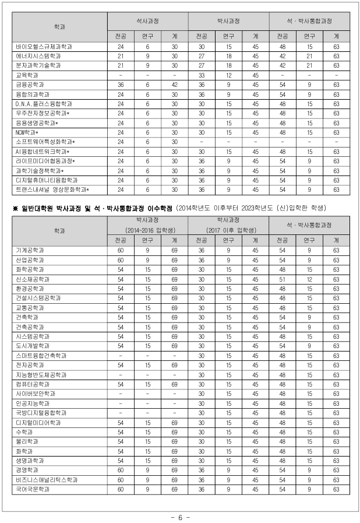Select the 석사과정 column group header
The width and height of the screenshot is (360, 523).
pos(147,20)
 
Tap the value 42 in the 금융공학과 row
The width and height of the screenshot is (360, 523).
pos(174,85)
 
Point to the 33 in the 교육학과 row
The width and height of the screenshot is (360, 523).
pos(202,75)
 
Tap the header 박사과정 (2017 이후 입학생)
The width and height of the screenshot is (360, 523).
pos(228,226)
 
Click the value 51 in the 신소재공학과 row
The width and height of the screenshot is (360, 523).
pos(283,279)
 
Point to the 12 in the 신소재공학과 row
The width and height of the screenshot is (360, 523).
pos(309,279)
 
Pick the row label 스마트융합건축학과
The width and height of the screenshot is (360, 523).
pos(41,355)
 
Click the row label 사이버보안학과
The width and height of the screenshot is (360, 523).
pos(36,393)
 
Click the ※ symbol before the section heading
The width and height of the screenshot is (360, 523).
pos(16,208)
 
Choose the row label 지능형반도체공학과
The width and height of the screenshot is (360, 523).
pos(41,374)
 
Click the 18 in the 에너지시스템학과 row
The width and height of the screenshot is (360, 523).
pos(228,56)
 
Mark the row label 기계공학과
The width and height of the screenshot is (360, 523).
pos(30,250)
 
